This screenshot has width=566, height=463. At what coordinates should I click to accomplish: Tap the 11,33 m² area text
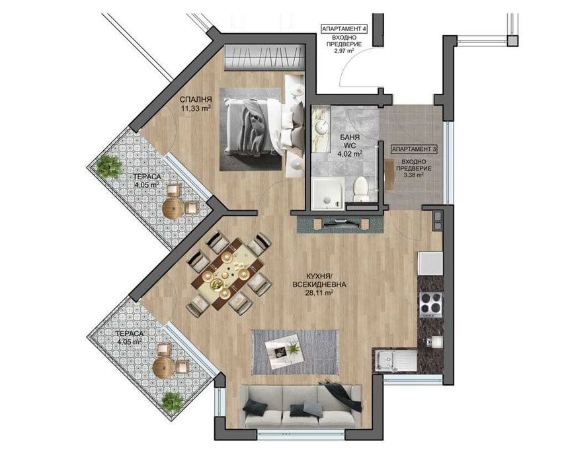196,110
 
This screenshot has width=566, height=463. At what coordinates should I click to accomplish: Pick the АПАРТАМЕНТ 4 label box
344,29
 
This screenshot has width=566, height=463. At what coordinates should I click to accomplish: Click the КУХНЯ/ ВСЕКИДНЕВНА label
320,279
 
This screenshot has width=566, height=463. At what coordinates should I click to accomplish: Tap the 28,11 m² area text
319,298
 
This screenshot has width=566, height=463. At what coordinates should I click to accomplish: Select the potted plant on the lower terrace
173,401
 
